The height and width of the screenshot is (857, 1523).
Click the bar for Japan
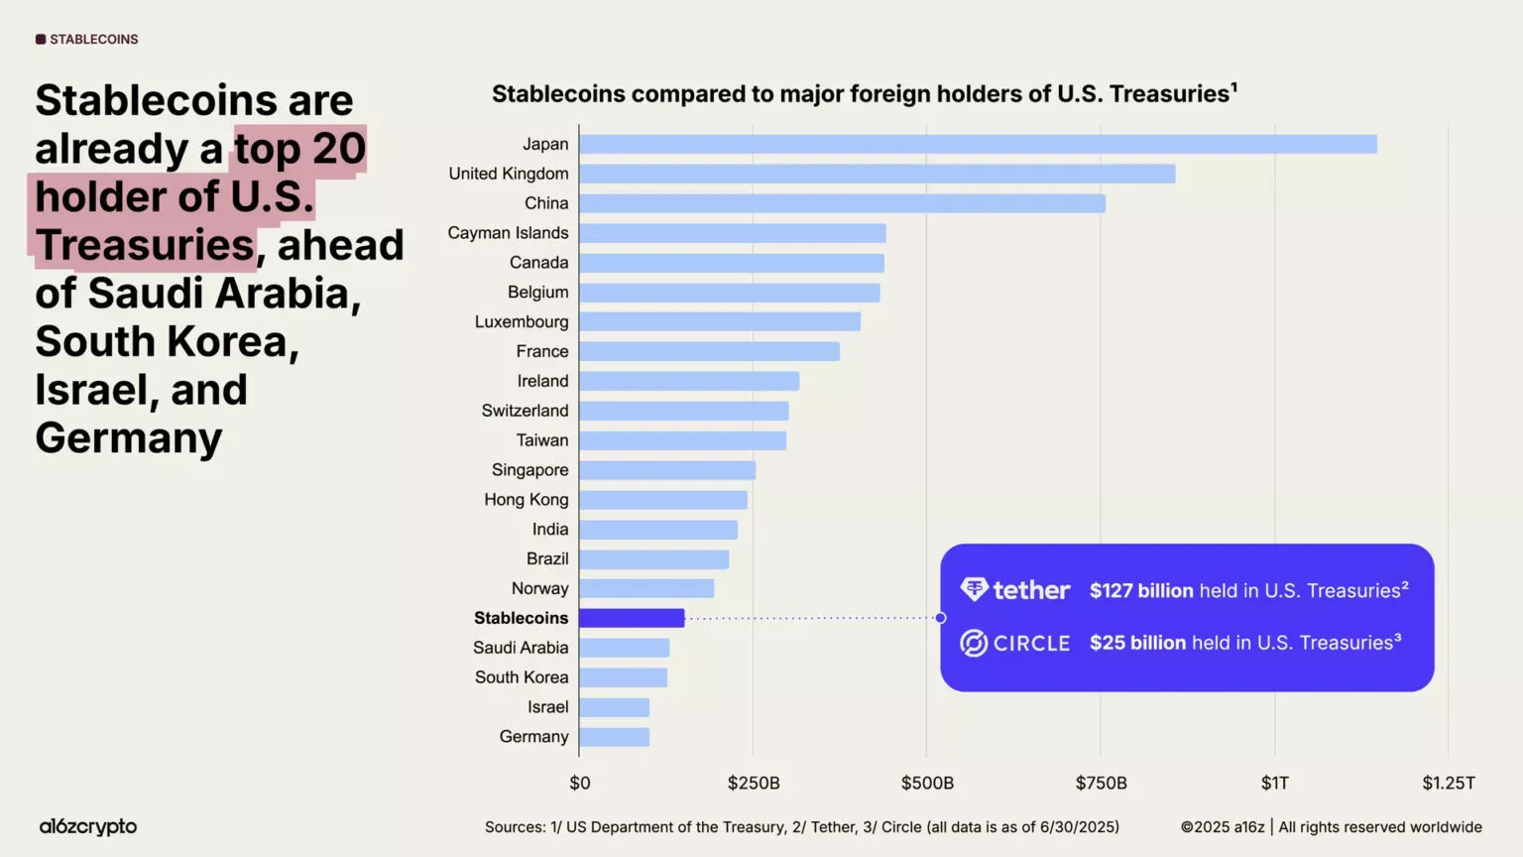coord(978,144)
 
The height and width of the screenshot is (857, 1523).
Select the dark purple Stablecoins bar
coord(632,618)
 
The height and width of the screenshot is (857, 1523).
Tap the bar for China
coord(842,203)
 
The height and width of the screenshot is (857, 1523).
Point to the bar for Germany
coord(615,737)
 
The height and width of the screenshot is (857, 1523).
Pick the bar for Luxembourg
coord(720,321)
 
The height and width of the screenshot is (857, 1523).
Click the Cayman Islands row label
coord(508,233)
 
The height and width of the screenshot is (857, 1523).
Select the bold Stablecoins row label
coord(521,618)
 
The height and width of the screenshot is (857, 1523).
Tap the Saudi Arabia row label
coord(521,648)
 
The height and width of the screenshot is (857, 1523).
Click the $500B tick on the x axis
coord(927,783)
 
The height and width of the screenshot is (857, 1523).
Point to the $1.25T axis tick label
coord(1448,783)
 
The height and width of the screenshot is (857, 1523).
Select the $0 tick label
coord(580,783)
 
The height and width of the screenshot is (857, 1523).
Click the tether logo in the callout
coord(1015,590)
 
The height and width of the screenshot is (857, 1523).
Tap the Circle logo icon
coord(974,643)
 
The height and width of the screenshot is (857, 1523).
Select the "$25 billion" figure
coord(1137,643)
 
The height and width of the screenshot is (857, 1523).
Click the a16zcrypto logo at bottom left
coord(88,826)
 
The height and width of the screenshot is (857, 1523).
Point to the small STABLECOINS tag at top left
coord(87,40)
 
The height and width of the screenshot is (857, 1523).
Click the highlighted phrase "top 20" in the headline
coord(299,149)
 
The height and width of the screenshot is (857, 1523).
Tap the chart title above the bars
coord(864,94)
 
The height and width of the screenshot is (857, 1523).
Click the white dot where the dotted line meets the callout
coord(940,618)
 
